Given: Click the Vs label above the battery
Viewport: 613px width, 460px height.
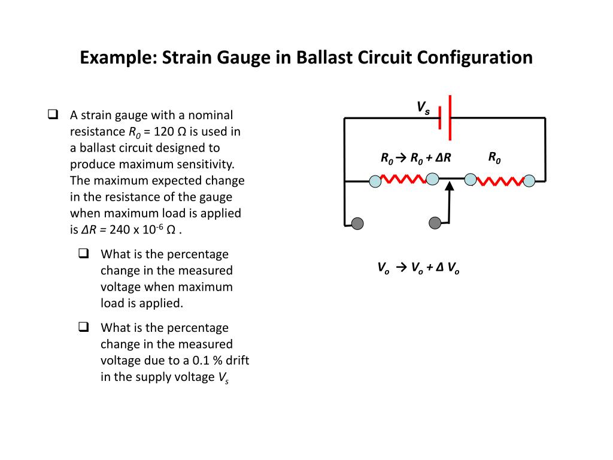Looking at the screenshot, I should [x=423, y=108].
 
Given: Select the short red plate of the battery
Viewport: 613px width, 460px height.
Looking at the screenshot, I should [x=440, y=117].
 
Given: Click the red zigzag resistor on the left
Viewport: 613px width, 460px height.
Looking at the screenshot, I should [x=403, y=179].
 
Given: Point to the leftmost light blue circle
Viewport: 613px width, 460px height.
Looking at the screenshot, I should [x=375, y=181].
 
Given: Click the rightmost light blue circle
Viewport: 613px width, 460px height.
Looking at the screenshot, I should [x=529, y=180].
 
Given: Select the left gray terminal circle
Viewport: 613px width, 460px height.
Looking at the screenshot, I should [x=357, y=224].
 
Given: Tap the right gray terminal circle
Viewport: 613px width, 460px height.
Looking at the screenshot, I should [x=436, y=223].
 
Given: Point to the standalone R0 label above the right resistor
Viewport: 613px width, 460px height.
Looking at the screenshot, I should [x=494, y=158].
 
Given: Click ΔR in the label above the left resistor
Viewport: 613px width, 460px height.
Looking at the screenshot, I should [x=443, y=159].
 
